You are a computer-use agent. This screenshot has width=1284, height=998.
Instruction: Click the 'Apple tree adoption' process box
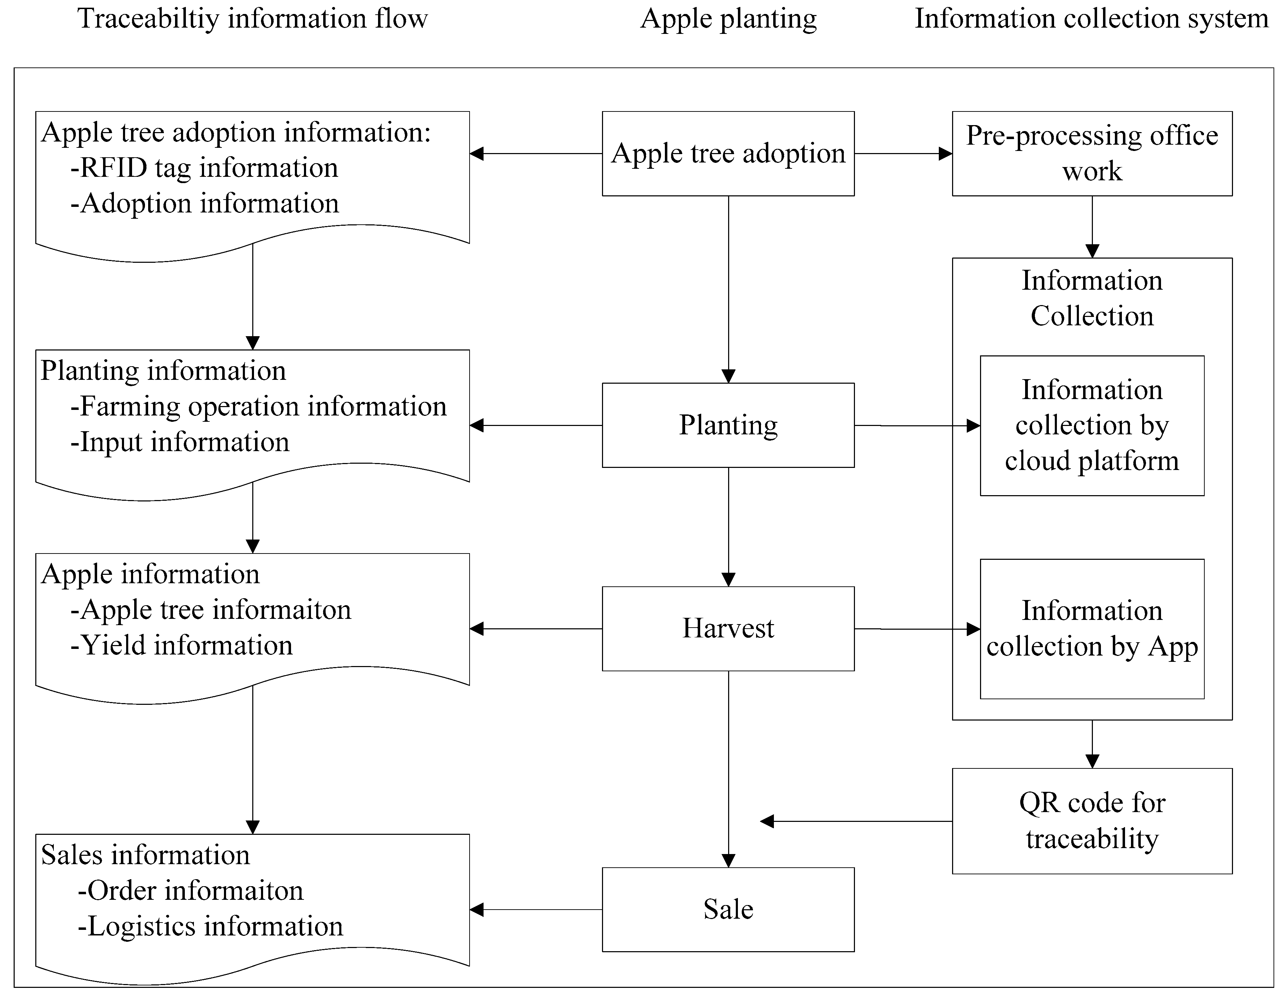tap(728, 153)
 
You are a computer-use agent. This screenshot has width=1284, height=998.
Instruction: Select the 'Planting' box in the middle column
tap(728, 425)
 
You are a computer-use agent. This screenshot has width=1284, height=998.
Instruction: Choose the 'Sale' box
tap(728, 909)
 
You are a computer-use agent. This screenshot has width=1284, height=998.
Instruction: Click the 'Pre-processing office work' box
tap(1092, 153)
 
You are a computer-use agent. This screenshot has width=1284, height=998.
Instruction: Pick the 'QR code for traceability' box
tap(1092, 820)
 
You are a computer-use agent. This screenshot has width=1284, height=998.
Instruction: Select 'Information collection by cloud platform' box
tap(1092, 425)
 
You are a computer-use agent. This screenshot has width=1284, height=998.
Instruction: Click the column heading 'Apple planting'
tap(728, 19)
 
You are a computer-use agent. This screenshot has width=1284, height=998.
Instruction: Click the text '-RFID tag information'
tap(204, 168)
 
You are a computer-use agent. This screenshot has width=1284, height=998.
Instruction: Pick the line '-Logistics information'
tap(210, 927)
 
